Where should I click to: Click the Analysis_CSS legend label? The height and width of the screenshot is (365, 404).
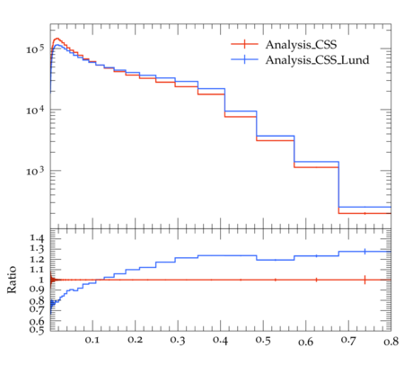tap(301, 45)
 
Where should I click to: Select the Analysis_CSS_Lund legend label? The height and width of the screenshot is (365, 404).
tap(317, 60)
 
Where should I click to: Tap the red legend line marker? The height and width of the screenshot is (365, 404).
tap(244, 44)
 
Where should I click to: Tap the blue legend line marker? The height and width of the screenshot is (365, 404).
tap(244, 59)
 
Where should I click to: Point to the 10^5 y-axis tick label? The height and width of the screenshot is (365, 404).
tap(35, 49)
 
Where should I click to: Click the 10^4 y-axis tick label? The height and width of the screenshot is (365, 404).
tap(35, 110)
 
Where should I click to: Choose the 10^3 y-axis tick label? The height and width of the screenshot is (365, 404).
tap(35, 171)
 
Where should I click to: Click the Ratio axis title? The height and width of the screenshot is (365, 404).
tap(12, 280)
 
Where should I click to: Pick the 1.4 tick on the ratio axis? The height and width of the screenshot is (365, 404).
tap(37, 238)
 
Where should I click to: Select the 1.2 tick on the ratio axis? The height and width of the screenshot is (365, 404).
tap(37, 259)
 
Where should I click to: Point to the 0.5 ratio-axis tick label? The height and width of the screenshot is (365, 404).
tap(37, 330)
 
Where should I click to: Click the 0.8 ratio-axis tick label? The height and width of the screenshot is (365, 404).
tap(37, 300)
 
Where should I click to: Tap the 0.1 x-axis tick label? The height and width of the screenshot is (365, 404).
tap(92, 341)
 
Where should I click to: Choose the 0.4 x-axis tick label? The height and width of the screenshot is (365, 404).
tap(221, 341)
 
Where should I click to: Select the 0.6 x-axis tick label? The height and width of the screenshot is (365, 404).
tap(306, 342)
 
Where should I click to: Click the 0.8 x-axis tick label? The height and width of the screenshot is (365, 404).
tap(391, 342)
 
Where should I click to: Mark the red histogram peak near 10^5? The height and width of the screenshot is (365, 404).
tap(57, 39)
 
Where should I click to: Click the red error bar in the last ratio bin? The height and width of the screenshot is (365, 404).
tap(364, 280)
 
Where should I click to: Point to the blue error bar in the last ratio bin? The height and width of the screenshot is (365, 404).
tap(364, 252)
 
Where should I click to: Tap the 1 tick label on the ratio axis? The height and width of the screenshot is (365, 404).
tap(41, 280)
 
